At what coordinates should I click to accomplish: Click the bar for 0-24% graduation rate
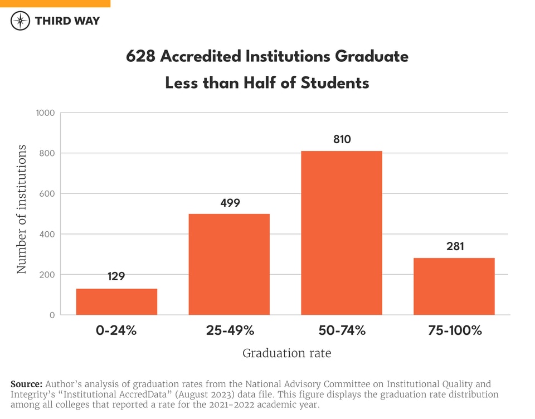[116, 301]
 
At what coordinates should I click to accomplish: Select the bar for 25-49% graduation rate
[229, 264]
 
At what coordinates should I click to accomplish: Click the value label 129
[116, 276]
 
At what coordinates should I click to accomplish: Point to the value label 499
[230, 203]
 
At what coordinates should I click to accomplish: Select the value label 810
[342, 139]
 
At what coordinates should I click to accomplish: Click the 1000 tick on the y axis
[45, 113]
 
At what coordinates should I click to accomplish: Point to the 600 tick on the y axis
[47, 194]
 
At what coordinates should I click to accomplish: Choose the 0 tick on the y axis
[52, 315]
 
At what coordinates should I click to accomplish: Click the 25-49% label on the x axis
[230, 330]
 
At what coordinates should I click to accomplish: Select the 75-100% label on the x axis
[454, 330]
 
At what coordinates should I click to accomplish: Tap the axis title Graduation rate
[286, 353]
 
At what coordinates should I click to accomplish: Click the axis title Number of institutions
[22, 209]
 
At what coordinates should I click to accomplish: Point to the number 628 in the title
[141, 57]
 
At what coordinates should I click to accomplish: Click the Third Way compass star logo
[20, 21]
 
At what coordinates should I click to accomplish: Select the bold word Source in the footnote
[26, 384]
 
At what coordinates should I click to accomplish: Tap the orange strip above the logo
[55, 3]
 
